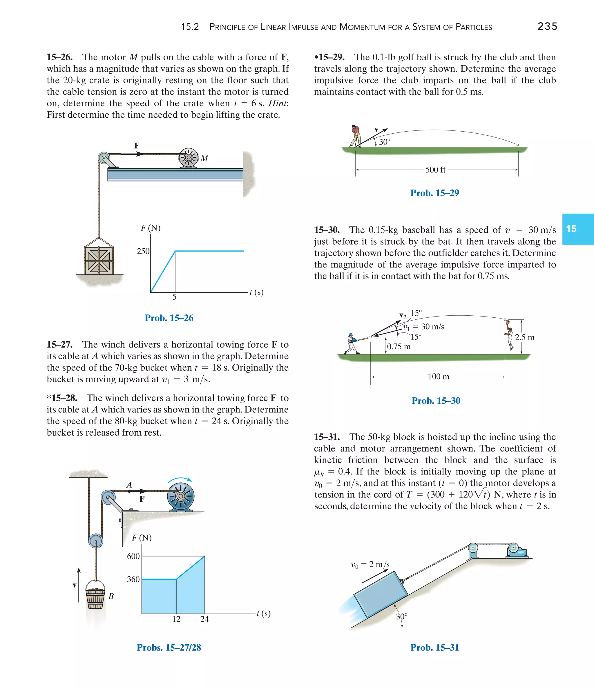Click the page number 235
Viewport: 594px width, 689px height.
(547, 27)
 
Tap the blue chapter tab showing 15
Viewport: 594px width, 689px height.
(577, 229)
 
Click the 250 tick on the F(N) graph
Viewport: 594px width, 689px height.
(143, 251)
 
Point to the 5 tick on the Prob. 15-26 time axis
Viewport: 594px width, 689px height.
(174, 297)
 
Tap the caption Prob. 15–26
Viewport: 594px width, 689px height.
(169, 318)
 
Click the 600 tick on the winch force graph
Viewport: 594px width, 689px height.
(133, 556)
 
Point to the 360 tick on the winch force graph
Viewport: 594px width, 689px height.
(133, 579)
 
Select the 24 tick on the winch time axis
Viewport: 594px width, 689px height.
(204, 619)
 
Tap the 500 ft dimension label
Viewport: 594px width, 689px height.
(435, 170)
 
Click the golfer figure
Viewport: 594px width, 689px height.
(355, 136)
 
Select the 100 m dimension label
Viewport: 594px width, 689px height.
(438, 377)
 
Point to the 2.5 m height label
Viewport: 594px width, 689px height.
(524, 337)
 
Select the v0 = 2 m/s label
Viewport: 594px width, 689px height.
(370, 564)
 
